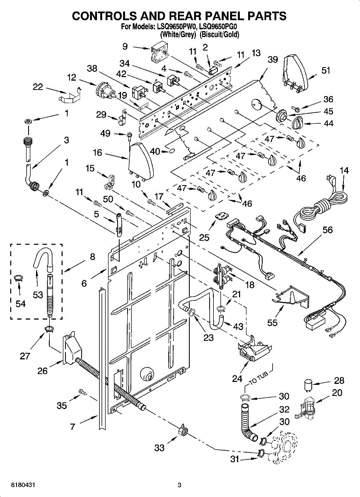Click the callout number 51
tap(326, 71)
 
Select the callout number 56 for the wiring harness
tap(328, 230)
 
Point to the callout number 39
tap(273, 60)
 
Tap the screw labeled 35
tap(83, 393)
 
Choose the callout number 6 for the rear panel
tap(84, 283)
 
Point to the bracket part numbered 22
tap(70, 95)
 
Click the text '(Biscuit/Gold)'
tap(219, 35)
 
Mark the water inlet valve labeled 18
tap(222, 275)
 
